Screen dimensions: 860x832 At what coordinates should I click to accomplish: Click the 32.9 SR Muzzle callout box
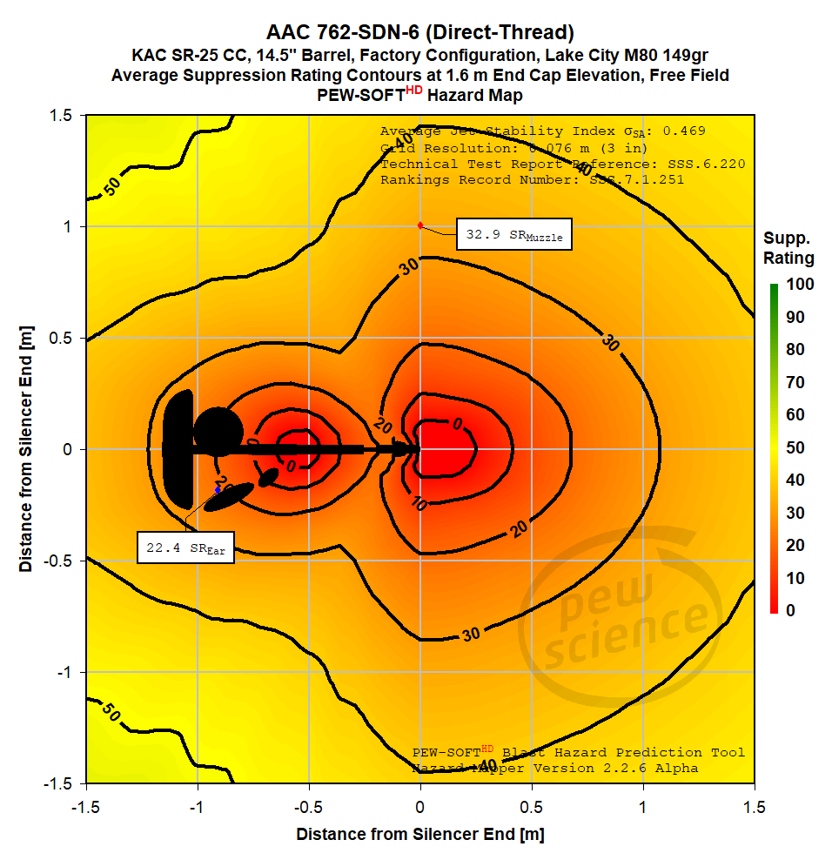point(514,235)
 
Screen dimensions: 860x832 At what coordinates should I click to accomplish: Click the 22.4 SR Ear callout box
point(186,548)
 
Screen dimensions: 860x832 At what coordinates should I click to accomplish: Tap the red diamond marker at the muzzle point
point(420,225)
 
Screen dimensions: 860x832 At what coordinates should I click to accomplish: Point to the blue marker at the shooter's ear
point(218,490)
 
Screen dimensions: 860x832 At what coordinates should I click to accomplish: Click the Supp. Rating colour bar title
point(788,248)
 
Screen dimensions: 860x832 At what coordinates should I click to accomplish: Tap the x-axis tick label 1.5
point(755,805)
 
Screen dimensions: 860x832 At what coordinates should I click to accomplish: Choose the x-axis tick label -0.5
point(309,805)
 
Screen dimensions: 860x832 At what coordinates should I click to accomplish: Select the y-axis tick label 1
point(64,226)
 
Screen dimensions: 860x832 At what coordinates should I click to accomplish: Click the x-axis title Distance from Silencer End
point(420,835)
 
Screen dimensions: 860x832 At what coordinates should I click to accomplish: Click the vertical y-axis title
point(27,449)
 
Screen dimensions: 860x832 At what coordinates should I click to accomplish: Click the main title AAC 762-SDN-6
point(420,33)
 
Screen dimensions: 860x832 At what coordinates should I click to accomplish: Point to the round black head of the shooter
point(218,431)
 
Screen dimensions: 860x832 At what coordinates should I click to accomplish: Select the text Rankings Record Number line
point(532,180)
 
